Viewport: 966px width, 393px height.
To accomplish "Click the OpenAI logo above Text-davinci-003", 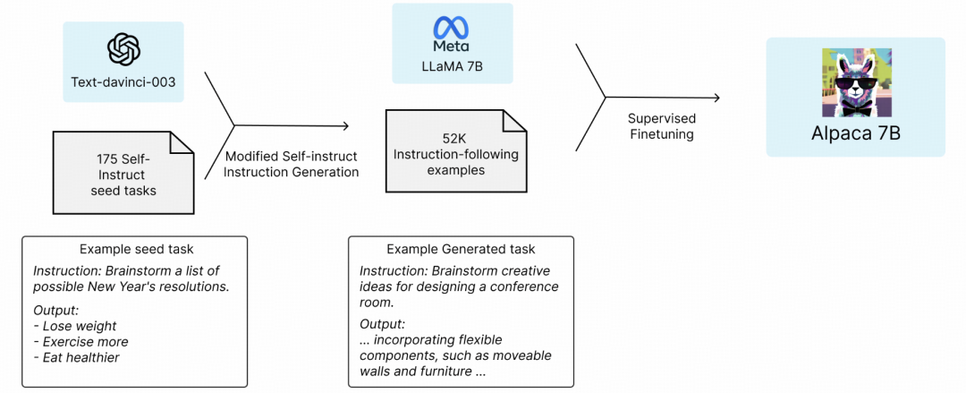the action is point(123,48).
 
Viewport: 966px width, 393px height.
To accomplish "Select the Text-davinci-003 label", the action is point(123,81).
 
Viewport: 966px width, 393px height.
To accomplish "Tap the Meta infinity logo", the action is point(452,28).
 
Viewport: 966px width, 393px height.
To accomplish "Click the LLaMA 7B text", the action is point(453,66).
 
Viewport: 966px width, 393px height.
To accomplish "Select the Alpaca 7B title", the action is point(855,133).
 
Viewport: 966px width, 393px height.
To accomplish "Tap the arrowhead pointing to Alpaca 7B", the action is point(716,98).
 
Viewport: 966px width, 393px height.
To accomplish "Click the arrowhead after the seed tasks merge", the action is point(345,126).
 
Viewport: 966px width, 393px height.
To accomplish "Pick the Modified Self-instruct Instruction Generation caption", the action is point(291,165).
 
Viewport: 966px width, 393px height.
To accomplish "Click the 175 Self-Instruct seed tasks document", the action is point(123,172).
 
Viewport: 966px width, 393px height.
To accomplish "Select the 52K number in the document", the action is point(456,138).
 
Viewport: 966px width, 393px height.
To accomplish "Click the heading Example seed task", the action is point(136,249).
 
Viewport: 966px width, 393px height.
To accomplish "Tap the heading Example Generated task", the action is point(461,249).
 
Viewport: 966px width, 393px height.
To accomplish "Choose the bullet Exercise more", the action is point(80,342).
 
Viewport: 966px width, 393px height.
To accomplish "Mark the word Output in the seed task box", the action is point(55,310).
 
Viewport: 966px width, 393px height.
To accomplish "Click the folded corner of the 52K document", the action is point(514,121).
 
